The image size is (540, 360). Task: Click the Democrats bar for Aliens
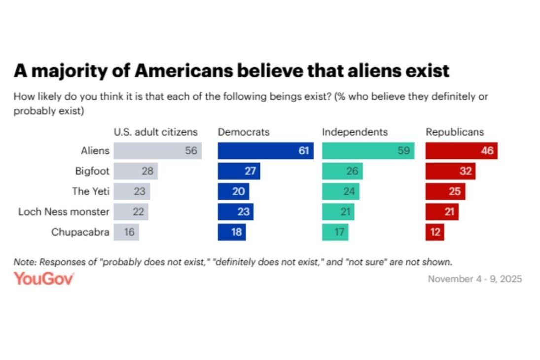pos(265,151)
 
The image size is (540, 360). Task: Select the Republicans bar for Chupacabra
pos(434,232)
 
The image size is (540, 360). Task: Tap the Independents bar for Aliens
pos(368,151)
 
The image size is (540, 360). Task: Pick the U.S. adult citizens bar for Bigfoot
pos(135,171)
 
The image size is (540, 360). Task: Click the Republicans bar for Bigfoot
pos(450,171)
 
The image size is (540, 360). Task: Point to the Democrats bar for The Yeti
pos(233,191)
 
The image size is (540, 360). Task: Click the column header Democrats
pos(244,132)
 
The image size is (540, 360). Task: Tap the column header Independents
pos(355,132)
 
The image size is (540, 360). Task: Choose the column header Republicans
pos(455,132)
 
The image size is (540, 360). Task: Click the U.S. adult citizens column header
pos(155,132)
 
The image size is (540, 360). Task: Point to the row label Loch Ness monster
pos(64,212)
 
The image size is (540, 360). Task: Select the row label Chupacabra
pos(80,232)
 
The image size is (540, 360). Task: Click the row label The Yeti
pos(91,191)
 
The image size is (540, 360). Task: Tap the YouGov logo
pos(44,279)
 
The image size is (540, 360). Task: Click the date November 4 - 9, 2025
pos(474,279)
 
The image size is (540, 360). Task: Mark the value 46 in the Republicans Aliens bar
pos(487,151)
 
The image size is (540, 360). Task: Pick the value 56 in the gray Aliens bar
pos(191,151)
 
